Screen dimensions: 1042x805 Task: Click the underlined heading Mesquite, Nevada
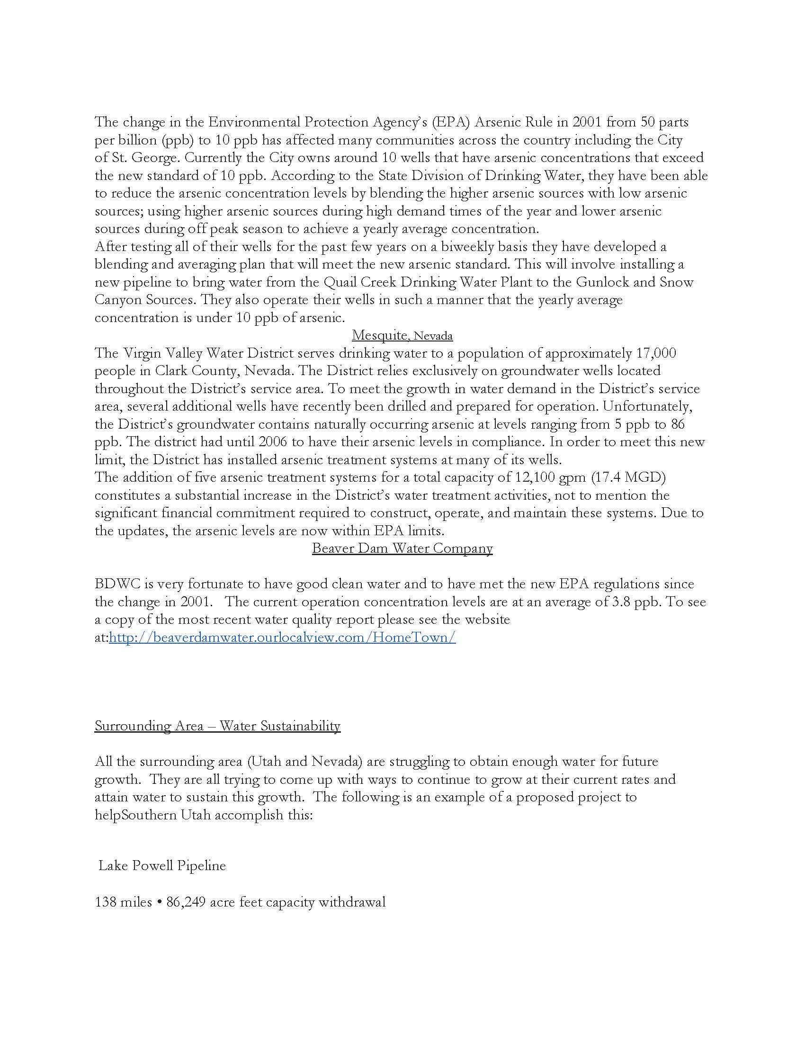coord(402,336)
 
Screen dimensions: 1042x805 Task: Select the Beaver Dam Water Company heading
coord(402,548)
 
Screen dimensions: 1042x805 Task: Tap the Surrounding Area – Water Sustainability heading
coord(217,726)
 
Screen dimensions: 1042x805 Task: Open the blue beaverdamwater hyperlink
coord(282,638)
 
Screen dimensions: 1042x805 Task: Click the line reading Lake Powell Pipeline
coord(162,866)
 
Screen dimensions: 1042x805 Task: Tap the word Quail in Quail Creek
coord(339,282)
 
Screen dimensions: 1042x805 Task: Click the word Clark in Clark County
coord(170,371)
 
